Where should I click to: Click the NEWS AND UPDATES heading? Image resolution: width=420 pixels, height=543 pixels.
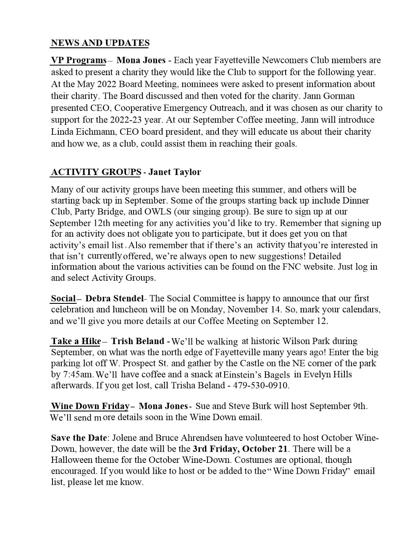[x=100, y=43]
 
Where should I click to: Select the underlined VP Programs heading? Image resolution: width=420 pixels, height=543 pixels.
[x=79, y=60]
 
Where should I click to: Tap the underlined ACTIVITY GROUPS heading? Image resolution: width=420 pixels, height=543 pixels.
[x=96, y=172]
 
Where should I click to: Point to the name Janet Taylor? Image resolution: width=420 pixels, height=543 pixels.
[x=175, y=172]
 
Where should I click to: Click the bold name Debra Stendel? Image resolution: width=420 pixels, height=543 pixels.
[x=114, y=299]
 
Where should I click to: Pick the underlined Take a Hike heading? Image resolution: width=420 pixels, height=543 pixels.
[x=76, y=341]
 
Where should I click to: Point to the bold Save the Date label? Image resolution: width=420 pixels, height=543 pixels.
[x=79, y=438]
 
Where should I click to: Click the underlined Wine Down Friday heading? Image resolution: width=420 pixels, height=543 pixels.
[x=90, y=406]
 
